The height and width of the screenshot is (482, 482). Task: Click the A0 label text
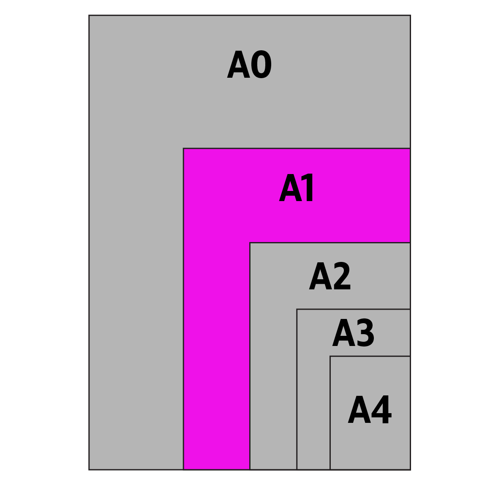coord(249,64)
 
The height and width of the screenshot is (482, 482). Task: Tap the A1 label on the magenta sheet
coord(296,188)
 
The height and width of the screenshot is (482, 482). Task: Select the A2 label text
coord(330,276)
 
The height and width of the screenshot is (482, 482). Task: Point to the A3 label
coord(353,332)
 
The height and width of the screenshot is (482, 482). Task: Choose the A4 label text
coord(370,409)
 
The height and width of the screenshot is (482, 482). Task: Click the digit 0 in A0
coord(261,64)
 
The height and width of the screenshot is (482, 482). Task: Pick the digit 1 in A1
coord(307,188)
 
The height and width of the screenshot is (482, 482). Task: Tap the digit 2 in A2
coord(342,276)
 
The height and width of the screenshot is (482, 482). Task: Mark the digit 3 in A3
coord(365,332)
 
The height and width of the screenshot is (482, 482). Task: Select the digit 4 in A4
coord(381,409)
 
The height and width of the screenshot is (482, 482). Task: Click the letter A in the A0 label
coord(239,64)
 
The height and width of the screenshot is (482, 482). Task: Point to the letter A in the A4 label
coord(359,409)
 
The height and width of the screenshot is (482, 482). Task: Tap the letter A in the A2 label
coord(321,276)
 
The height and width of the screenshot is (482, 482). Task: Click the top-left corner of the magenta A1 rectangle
coord(183,148)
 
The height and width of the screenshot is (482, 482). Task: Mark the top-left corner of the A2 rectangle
coord(250,243)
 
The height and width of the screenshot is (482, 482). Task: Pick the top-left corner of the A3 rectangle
coord(297,309)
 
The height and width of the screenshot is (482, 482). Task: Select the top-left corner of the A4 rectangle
coord(330,356)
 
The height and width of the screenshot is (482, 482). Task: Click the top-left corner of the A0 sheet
coord(89,15)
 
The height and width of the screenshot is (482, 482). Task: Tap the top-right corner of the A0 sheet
coord(410,15)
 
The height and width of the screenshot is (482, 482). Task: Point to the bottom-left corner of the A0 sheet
coord(89,470)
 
